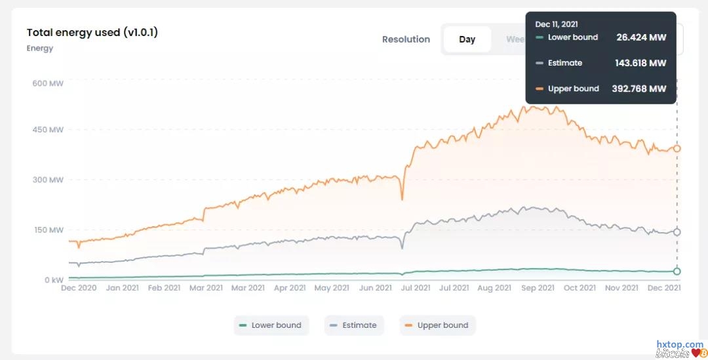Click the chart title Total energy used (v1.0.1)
pos(92,32)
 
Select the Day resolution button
pos(467,39)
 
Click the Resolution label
pos(406,39)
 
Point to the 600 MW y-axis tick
pos(48,83)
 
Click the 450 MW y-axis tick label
pos(48,130)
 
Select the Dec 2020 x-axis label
pos(79,288)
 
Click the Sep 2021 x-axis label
pos(537,288)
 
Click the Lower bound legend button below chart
pos(270,325)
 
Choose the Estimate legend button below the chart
pos(353,325)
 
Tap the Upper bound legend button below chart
pos(437,325)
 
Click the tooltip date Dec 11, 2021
pos(557,24)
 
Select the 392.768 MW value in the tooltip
pos(639,89)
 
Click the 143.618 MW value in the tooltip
pos(640,63)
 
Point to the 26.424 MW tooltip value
pos(641,37)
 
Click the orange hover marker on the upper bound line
pos(677,149)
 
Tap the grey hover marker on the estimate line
pos(677,232)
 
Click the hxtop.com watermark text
pos(680,344)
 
